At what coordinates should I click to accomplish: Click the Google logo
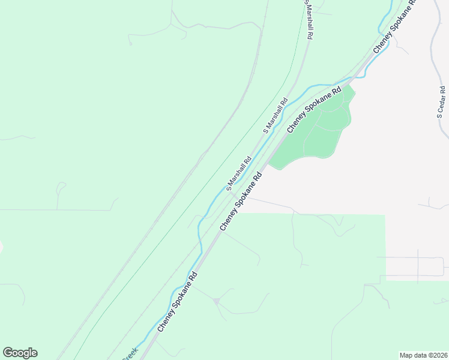click(x=20, y=353)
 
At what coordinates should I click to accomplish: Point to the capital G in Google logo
click(x=8, y=353)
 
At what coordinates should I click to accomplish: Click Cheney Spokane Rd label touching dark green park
click(x=314, y=109)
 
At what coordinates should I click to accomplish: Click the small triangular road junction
click(x=216, y=300)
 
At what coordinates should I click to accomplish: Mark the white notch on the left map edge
click(x=1, y=247)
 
